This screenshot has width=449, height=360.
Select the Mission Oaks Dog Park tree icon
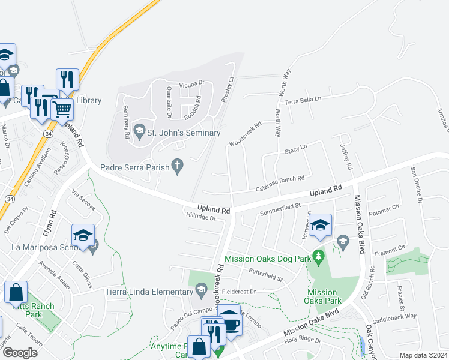(319, 259)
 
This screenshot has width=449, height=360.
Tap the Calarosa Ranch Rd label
(280, 178)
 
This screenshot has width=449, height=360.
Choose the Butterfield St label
(266, 275)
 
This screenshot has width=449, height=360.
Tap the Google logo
(20, 353)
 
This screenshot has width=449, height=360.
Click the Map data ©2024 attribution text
(423, 355)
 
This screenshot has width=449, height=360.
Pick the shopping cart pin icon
(62, 109)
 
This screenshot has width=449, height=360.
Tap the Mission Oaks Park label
(322, 297)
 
